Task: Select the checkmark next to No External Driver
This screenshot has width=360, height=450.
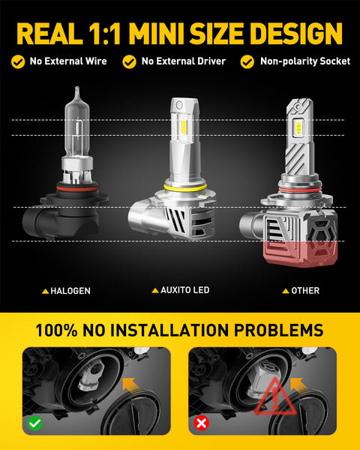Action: (130, 61)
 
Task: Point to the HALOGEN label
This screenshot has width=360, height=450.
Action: (70, 290)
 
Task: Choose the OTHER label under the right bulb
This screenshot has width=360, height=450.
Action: (304, 290)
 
